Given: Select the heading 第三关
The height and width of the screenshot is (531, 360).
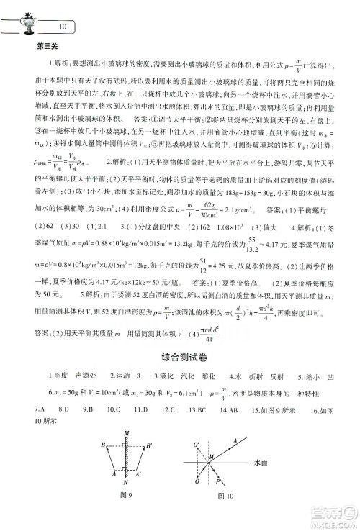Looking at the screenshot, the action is pyautogui.click(x=46, y=48).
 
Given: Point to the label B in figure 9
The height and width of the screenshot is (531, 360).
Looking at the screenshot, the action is pyautogui.click(x=104, y=445).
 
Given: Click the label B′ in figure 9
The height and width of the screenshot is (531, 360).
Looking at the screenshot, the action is pyautogui.click(x=148, y=445).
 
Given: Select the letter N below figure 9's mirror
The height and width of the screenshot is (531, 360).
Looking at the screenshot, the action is pyautogui.click(x=127, y=502).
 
